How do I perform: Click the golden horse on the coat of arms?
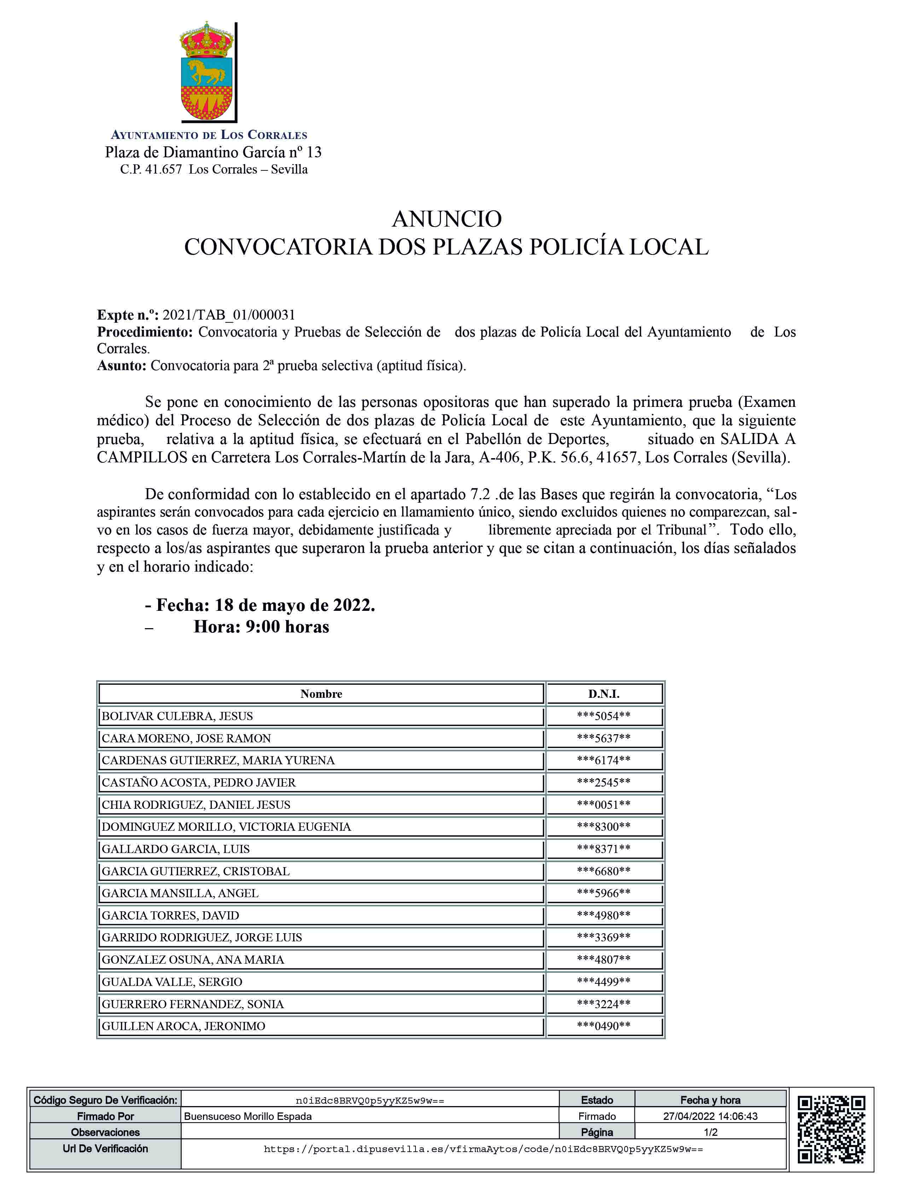[205, 71]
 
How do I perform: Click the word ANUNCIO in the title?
[447, 219]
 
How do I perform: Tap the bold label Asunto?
[121, 366]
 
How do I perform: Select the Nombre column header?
[321, 694]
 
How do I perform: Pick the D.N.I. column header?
[604, 694]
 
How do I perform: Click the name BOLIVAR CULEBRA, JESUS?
[177, 716]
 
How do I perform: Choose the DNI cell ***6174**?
[604, 760]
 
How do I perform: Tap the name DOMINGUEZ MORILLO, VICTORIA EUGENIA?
[226, 826]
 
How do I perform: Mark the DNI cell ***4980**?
[604, 915]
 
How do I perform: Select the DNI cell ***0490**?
[604, 1026]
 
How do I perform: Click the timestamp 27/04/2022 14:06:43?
[710, 1116]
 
